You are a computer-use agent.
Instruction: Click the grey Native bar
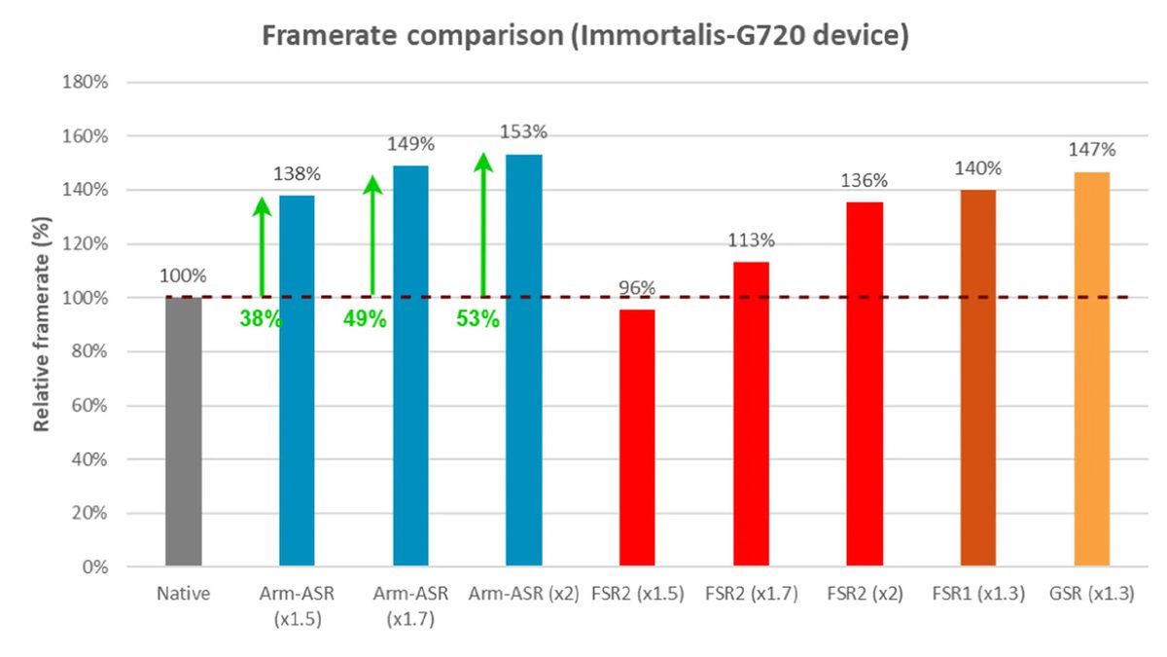(x=183, y=431)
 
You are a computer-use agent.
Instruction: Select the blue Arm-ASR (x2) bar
(x=524, y=360)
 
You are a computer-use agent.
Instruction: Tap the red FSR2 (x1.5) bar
(x=637, y=437)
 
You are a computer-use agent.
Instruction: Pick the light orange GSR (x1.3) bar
(x=1091, y=369)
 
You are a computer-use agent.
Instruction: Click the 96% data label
(x=637, y=288)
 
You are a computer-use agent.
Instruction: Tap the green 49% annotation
(x=365, y=318)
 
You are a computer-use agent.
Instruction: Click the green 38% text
(x=261, y=318)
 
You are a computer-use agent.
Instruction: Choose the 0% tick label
(x=94, y=566)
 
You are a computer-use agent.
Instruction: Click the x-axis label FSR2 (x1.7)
(x=751, y=594)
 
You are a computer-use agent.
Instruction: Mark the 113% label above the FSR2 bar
(x=751, y=240)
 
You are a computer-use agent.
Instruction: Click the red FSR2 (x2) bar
(x=865, y=383)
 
